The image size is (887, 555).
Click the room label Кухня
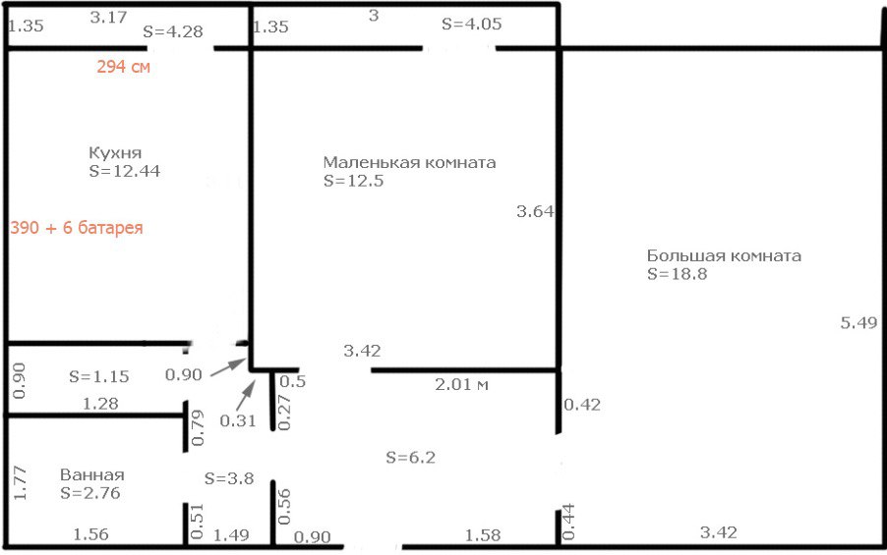point(115,153)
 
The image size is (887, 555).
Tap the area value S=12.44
point(125,171)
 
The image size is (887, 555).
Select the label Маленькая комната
point(409,163)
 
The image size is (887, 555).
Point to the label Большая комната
point(724,256)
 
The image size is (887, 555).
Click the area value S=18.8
point(678,274)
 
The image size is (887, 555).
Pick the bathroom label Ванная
point(92,474)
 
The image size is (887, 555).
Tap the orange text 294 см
point(123,67)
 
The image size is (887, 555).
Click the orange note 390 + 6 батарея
point(77,228)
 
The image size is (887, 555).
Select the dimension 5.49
point(858,323)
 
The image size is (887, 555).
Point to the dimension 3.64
point(535,211)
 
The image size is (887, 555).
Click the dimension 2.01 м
point(461,385)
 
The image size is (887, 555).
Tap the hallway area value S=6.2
point(411,457)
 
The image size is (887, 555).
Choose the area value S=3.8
point(229,478)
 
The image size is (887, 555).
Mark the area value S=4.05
point(472,24)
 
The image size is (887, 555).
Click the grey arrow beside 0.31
point(246,395)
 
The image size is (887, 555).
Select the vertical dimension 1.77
point(20,482)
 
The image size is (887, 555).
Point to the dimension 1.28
point(100,404)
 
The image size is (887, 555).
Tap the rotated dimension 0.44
point(568,522)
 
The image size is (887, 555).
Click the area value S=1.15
point(99,376)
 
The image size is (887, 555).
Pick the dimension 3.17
point(108,18)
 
